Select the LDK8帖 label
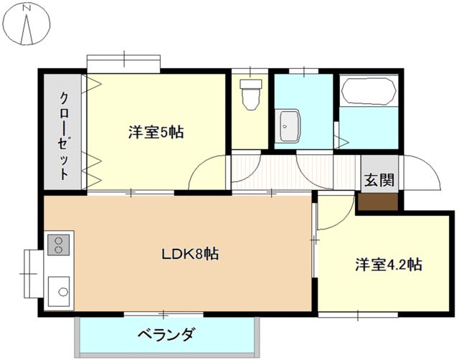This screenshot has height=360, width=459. point(189,253)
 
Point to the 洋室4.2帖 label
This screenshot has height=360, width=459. point(388,265)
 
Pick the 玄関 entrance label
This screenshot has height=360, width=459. point(378,180)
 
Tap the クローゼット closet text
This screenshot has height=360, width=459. point(63,135)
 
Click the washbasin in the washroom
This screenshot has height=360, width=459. point(289,127)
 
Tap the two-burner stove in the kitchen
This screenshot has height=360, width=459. point(57,245)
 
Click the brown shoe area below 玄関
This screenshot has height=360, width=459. point(378,202)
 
